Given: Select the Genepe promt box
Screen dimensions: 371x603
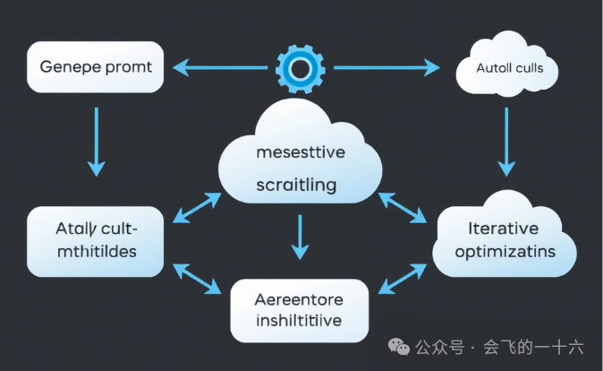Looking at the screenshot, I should tap(96, 67).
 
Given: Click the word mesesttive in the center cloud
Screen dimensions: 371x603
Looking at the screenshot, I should tap(300, 152).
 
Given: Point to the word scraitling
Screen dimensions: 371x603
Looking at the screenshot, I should tap(296, 185).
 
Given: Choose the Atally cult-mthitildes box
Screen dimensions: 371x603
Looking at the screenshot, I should tap(95, 240).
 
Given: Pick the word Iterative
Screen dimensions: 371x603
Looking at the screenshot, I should tap(504, 228).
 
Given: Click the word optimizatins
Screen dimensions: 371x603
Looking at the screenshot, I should tap(505, 252).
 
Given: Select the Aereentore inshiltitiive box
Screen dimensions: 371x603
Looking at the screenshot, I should tap(299, 310).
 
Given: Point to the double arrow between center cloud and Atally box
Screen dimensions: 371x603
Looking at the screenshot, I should tap(198, 207).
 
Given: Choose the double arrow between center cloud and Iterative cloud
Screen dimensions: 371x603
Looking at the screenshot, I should tap(403, 207).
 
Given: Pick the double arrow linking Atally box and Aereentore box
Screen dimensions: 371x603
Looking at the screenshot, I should tap(198, 279).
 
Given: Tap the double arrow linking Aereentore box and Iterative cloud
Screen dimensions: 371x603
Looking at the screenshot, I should tap(403, 279).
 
